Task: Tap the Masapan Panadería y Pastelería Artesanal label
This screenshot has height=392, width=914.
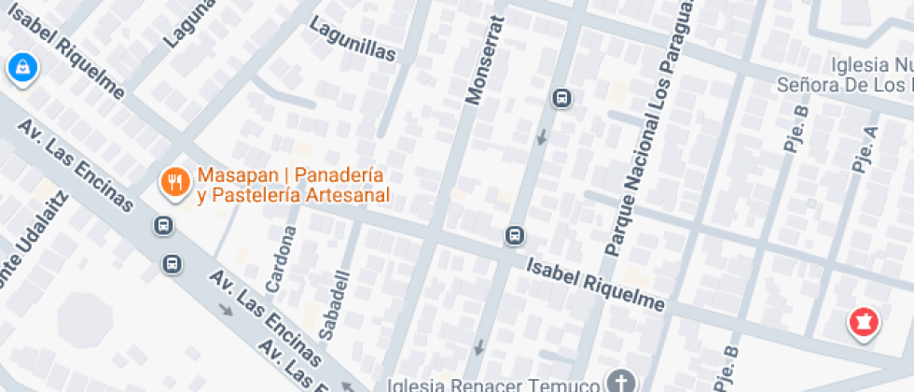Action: (292, 186)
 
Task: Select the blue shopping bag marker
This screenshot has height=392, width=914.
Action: (20, 67)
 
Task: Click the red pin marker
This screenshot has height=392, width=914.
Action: (864, 323)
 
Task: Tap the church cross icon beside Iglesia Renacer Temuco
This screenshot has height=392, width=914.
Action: (619, 382)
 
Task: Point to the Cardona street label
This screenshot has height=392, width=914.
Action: (282, 257)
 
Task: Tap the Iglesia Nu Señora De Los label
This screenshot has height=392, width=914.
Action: (844, 76)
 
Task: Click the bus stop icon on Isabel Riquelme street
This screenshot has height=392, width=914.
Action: (514, 235)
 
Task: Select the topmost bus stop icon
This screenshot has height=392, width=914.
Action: (561, 97)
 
